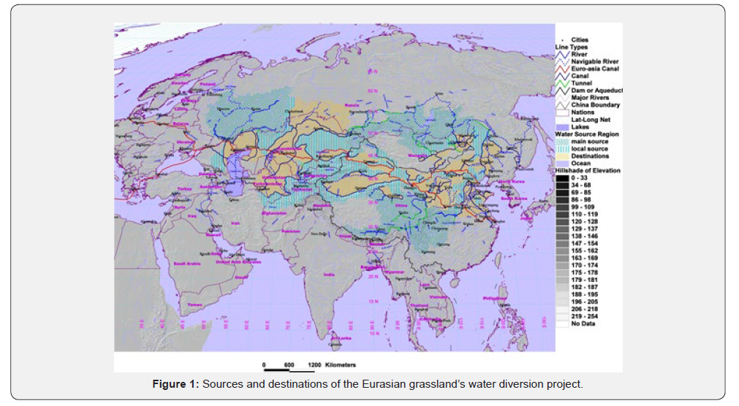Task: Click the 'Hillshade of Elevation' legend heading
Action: click(x=587, y=170)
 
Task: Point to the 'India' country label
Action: click(x=330, y=274)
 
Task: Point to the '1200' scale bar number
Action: click(x=315, y=364)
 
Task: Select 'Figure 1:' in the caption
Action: click(x=173, y=384)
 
